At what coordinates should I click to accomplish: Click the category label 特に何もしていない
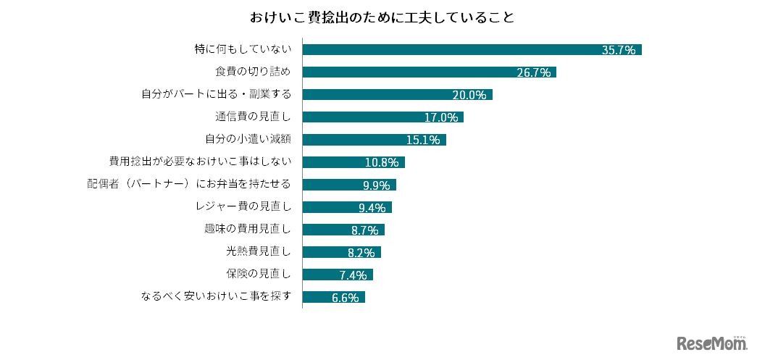point(243,50)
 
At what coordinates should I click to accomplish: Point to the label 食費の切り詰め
point(253,72)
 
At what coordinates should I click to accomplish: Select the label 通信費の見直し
point(253,117)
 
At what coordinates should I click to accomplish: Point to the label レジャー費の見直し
point(243,207)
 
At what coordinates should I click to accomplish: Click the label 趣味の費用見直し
point(248,230)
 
